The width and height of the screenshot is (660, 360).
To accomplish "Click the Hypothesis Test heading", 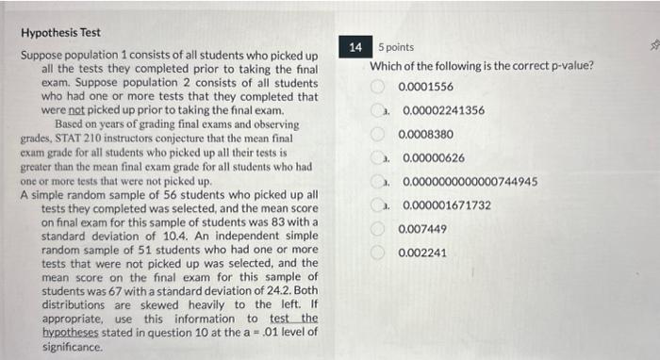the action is point(60,32).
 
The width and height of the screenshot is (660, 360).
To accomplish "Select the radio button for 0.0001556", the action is point(377,87).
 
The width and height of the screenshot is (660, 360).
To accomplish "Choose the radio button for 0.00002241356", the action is point(377,110).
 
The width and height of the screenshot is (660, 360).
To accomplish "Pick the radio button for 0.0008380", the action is point(377,134).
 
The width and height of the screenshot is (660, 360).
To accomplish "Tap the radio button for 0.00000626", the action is point(377,157).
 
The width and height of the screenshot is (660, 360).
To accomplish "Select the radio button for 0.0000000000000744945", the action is point(377,181).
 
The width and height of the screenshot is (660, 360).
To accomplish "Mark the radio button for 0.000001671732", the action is point(377,205).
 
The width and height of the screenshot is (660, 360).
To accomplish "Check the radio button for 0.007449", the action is point(377,229).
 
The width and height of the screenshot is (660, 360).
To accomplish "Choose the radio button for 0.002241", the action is point(377,253).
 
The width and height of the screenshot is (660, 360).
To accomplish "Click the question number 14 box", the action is point(355,46).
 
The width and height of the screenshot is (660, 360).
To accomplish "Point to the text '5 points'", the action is point(396,47).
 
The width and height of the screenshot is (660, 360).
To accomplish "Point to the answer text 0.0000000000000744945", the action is point(470,181).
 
